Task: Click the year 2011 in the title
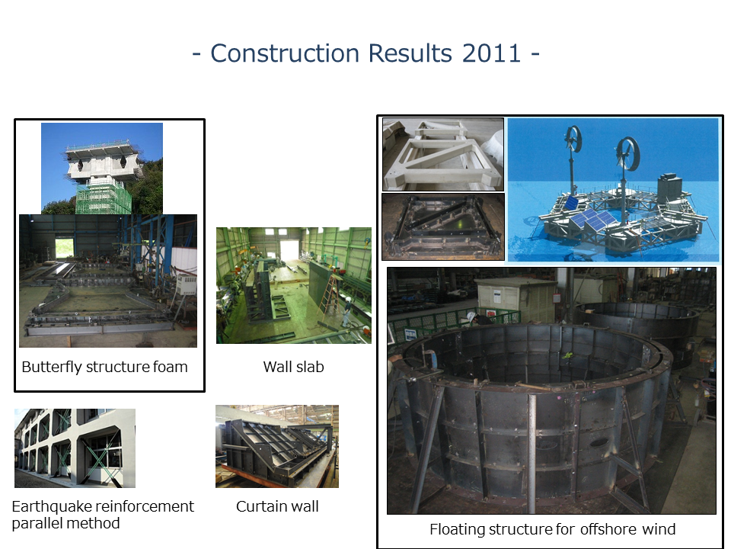pyautogui.click(x=491, y=53)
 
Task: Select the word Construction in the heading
pyautogui.click(x=285, y=53)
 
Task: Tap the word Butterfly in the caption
pyautogui.click(x=52, y=368)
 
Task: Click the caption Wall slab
pyautogui.click(x=293, y=367)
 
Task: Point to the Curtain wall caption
pyautogui.click(x=277, y=506)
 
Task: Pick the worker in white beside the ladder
pyautogui.click(x=346, y=311)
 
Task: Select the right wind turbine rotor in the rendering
pyautogui.click(x=626, y=153)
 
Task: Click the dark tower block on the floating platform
pyautogui.click(x=669, y=188)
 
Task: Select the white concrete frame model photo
pyautogui.click(x=443, y=154)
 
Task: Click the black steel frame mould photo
pyautogui.click(x=443, y=226)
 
